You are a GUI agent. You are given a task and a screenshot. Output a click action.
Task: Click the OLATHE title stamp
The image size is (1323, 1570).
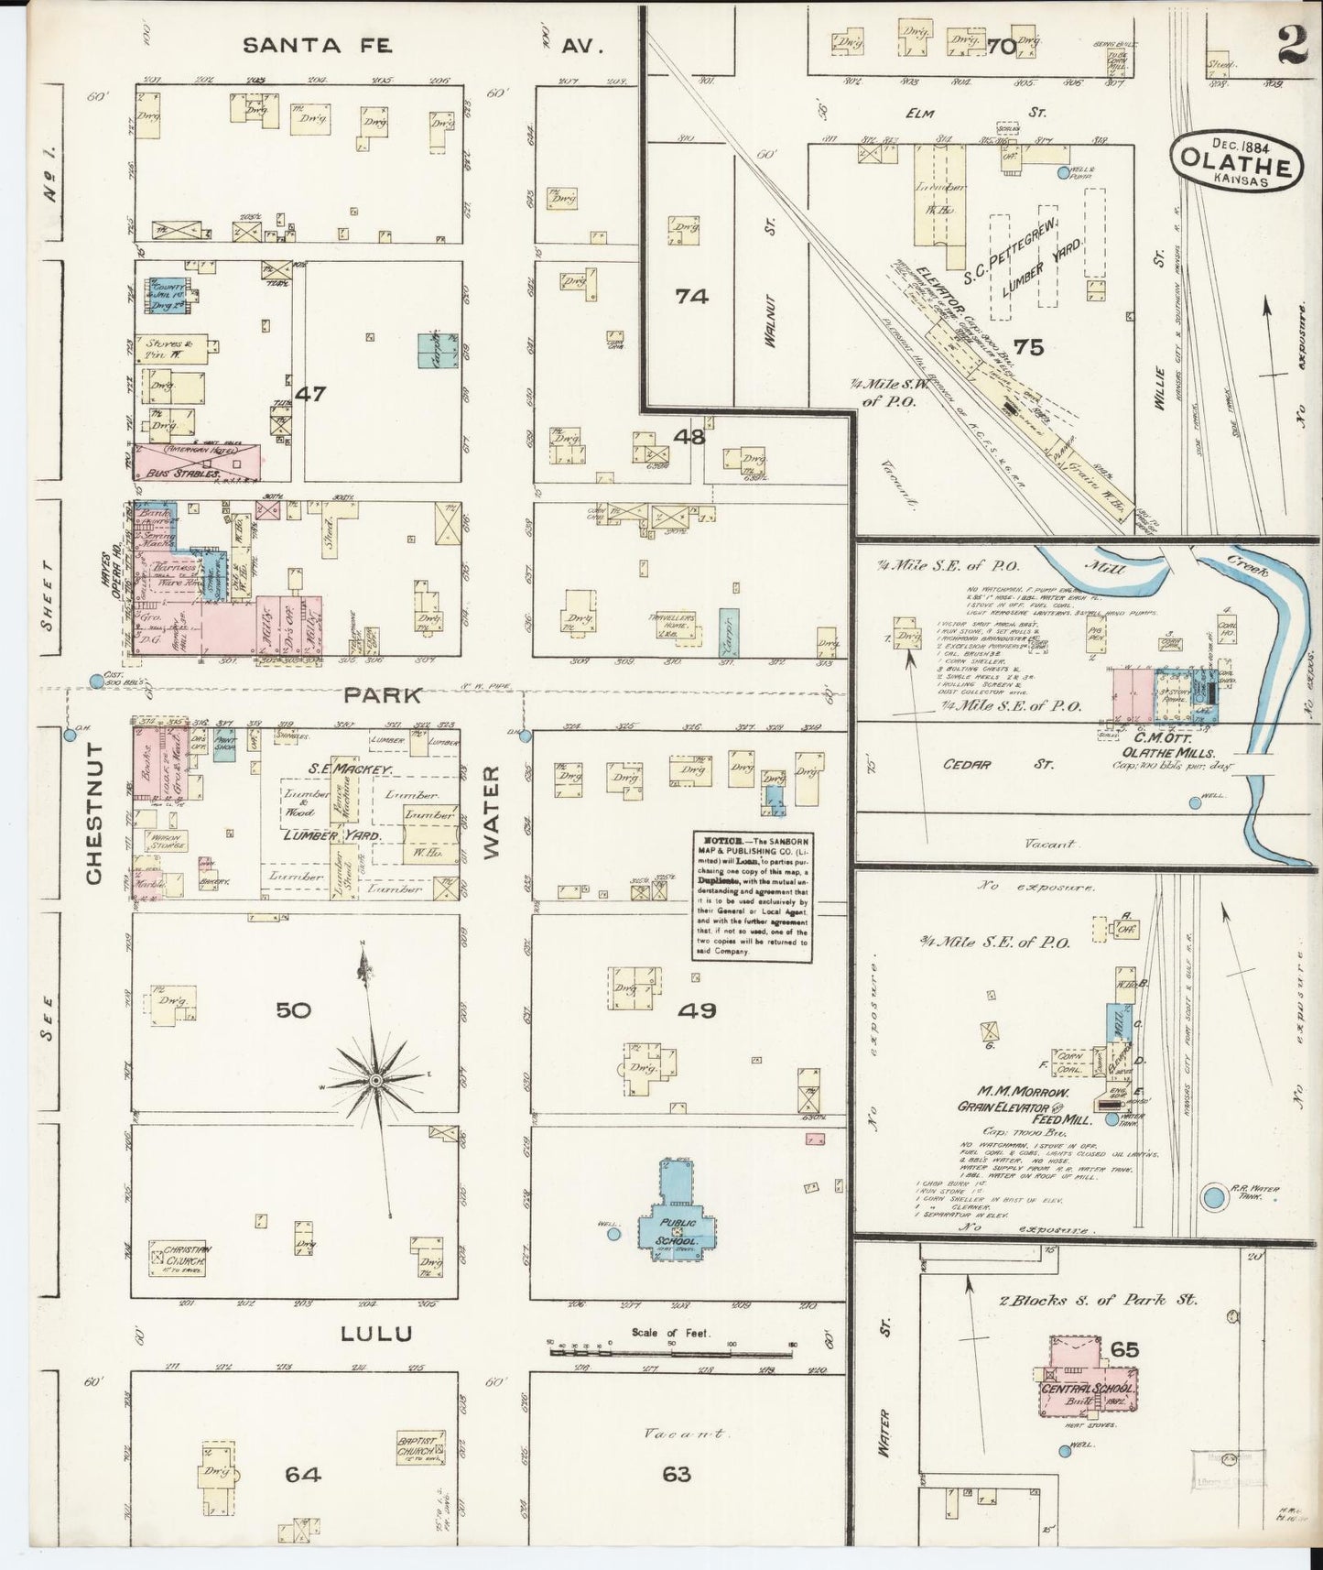[x=1235, y=163]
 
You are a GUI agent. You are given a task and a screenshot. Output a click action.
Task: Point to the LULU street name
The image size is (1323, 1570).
[x=376, y=1334]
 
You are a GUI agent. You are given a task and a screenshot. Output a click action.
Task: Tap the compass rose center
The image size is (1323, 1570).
[x=374, y=1082]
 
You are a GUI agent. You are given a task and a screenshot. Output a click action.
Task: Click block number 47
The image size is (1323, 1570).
[x=310, y=394]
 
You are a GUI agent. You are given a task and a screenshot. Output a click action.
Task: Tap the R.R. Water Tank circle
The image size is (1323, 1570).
[x=1214, y=1195]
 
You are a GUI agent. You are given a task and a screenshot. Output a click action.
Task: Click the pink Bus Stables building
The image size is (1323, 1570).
[x=197, y=462]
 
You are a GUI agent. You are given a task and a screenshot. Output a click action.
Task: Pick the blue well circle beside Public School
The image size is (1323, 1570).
[x=613, y=1234]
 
